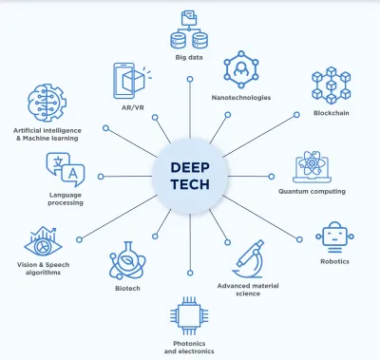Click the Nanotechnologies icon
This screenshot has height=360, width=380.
pos(242,69)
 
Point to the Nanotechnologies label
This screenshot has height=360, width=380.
pos(242,97)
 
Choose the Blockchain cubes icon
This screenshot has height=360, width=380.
pos(332,84)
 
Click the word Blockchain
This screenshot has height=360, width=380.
pos(332,113)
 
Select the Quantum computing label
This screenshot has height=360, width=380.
pos(312,191)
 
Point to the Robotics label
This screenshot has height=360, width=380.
pos(334,260)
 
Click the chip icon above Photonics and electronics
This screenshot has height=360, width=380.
pos(189,315)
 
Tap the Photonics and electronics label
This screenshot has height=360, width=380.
pos(189,347)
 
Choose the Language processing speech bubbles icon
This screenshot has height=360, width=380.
pos(66,171)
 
